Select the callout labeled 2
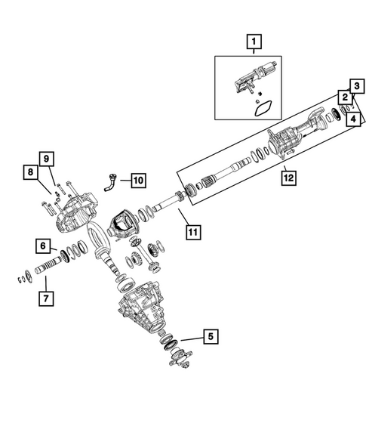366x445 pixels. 344,97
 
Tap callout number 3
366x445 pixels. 354,85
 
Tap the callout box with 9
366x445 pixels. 45,159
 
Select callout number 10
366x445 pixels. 137,181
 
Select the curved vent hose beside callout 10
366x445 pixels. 111,182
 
